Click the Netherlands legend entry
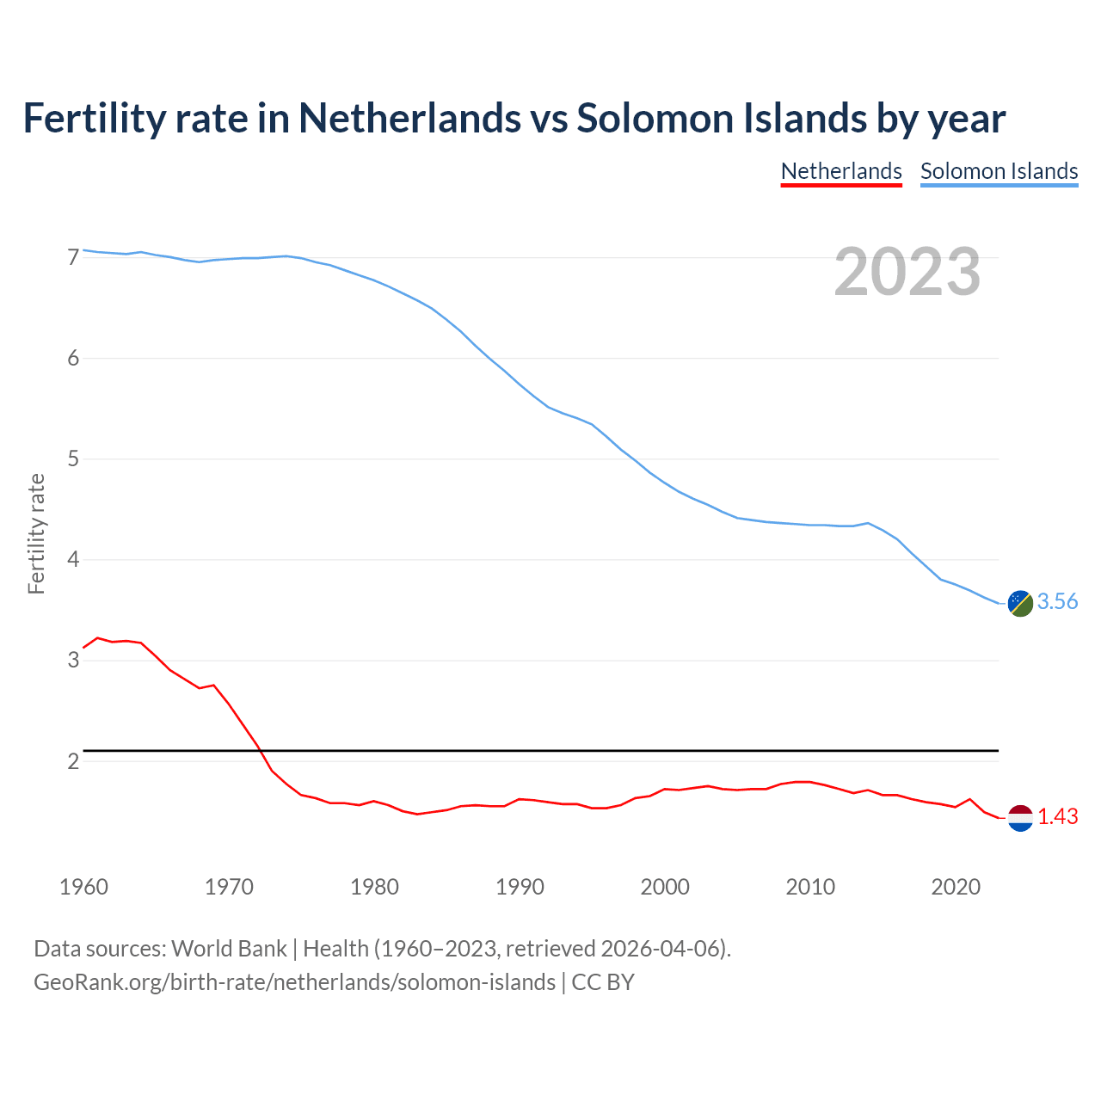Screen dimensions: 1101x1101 841,171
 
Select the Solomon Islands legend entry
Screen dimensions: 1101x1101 999,171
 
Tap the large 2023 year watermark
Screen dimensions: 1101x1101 907,272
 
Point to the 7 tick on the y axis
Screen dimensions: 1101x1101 73,257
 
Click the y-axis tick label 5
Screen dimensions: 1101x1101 73,459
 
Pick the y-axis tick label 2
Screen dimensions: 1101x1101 73,761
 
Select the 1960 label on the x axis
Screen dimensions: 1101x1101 83,887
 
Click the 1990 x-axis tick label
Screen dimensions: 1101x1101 520,887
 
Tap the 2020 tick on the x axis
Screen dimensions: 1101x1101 956,887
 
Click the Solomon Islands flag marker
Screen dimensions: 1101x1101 1019,603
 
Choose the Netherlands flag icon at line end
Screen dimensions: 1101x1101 1019,817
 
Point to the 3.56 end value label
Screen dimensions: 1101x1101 1057,602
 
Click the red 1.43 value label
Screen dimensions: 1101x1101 1057,817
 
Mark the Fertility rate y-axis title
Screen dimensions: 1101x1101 36,533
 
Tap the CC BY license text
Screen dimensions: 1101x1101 603,982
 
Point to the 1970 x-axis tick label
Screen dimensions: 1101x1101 229,887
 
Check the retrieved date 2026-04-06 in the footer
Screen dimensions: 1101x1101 659,949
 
